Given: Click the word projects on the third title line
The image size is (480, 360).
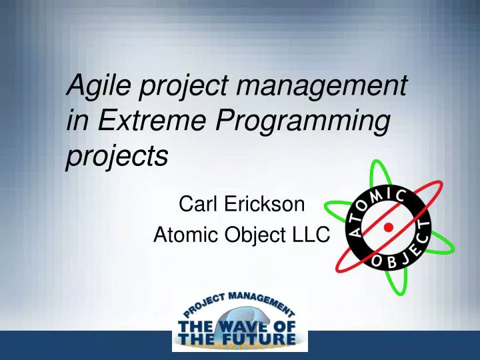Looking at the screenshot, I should [117, 157].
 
